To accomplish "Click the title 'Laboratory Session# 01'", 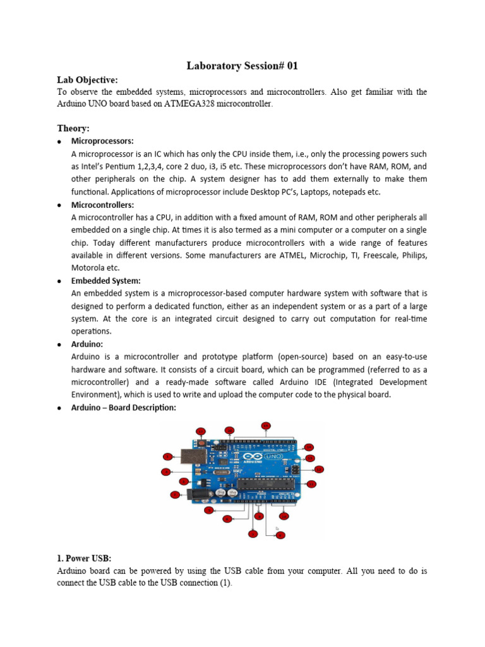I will [242, 66].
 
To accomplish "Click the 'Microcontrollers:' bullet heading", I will [103, 205].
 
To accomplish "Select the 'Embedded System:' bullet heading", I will [106, 281].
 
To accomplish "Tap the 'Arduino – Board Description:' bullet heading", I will [124, 408].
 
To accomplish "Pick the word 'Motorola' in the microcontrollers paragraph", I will [89, 268].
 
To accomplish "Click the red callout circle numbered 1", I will [168, 456].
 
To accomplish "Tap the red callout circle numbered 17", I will [201, 432].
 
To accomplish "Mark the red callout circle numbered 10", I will [284, 516].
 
